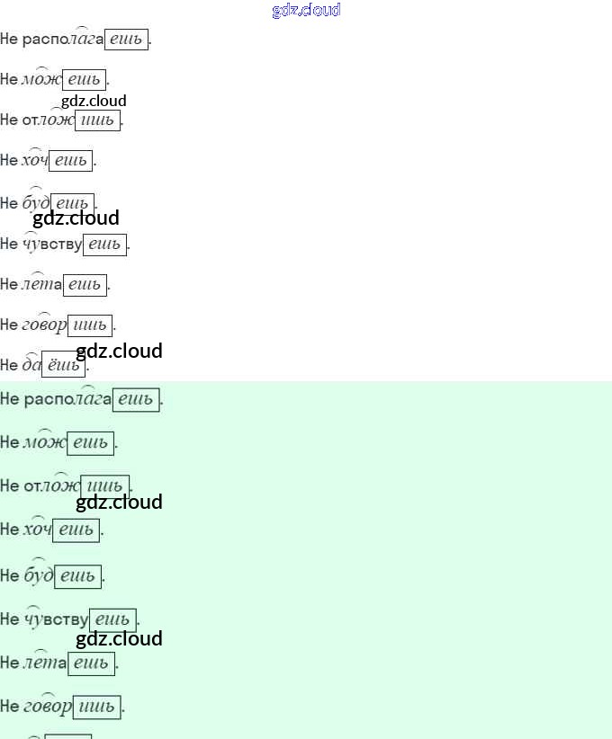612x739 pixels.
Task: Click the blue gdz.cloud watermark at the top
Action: point(306,10)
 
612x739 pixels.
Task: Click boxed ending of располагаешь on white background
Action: point(126,40)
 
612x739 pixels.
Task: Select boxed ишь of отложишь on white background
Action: point(97,120)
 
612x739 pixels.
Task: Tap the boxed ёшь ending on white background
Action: point(63,365)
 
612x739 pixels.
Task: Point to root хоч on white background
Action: point(34,160)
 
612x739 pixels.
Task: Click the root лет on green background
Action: point(40,663)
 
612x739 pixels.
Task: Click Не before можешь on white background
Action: point(9,79)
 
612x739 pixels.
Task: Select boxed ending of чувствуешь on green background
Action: point(112,619)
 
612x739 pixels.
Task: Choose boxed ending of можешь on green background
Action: point(90,442)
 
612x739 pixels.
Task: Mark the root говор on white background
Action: point(44,325)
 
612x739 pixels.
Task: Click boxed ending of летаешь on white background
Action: point(85,285)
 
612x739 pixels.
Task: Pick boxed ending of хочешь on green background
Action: point(76,530)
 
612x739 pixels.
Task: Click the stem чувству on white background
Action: point(52,244)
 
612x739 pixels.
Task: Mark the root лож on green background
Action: point(61,486)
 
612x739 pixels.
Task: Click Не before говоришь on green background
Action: point(9,707)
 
